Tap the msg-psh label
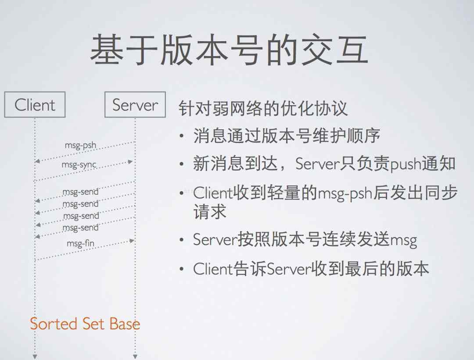[80, 146]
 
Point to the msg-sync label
[79, 165]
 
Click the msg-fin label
[80, 243]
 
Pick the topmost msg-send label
[80, 192]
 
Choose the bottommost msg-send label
[80, 228]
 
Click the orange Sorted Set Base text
[85, 324]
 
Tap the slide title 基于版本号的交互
[229, 49]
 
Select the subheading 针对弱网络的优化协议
[263, 108]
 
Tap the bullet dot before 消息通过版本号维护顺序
[181, 136]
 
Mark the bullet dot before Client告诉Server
[181, 269]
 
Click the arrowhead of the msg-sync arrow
[130, 162]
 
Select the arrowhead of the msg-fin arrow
[132, 241]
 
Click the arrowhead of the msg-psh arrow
[37, 161]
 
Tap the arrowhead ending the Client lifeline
[35, 357]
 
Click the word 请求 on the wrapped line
[210, 211]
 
